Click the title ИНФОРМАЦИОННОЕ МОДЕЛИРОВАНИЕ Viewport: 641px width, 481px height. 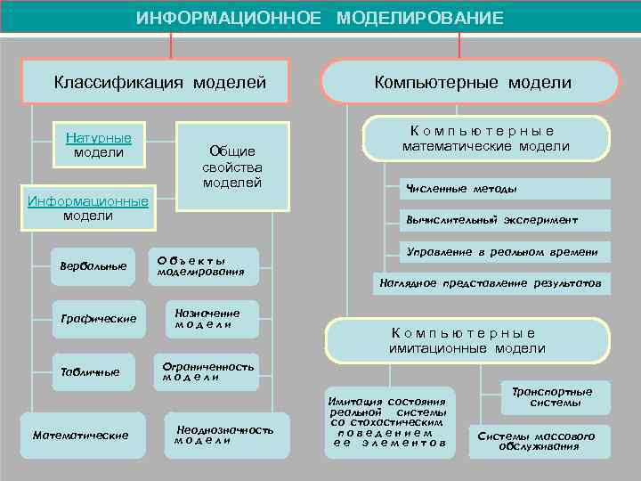point(320,18)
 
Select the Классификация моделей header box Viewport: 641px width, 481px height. point(160,83)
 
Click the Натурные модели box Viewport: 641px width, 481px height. point(99,145)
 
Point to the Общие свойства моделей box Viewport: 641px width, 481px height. point(232,167)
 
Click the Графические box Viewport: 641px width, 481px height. point(98,318)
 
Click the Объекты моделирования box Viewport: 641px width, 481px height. point(202,265)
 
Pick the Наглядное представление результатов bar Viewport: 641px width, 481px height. point(491,283)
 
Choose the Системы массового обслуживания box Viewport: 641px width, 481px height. point(537,440)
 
